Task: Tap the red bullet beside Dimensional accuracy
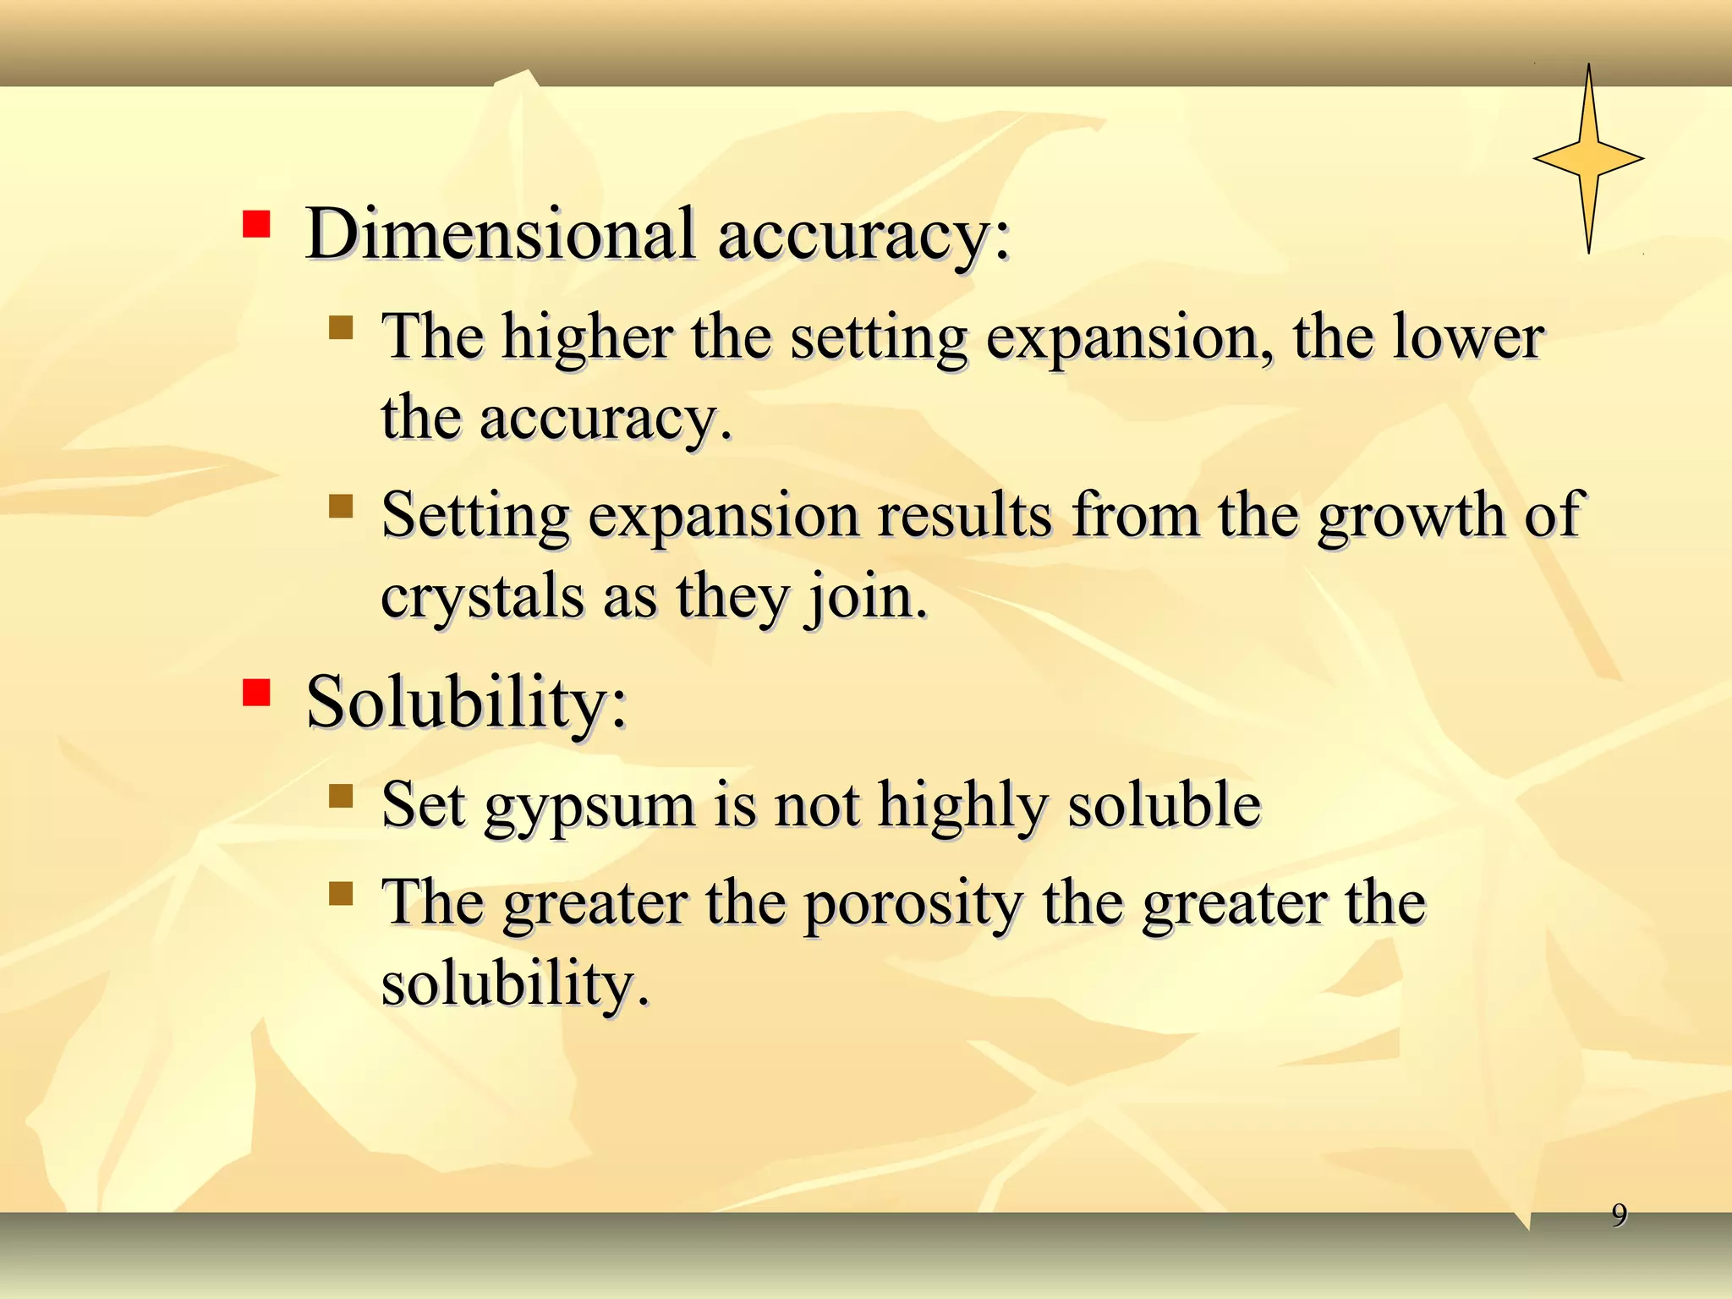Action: tap(256, 224)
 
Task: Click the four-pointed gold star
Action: tap(1588, 159)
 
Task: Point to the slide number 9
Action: tap(1619, 1214)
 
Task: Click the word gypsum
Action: tap(589, 807)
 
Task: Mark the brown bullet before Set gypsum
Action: tap(341, 796)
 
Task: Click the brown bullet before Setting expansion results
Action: tap(341, 507)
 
